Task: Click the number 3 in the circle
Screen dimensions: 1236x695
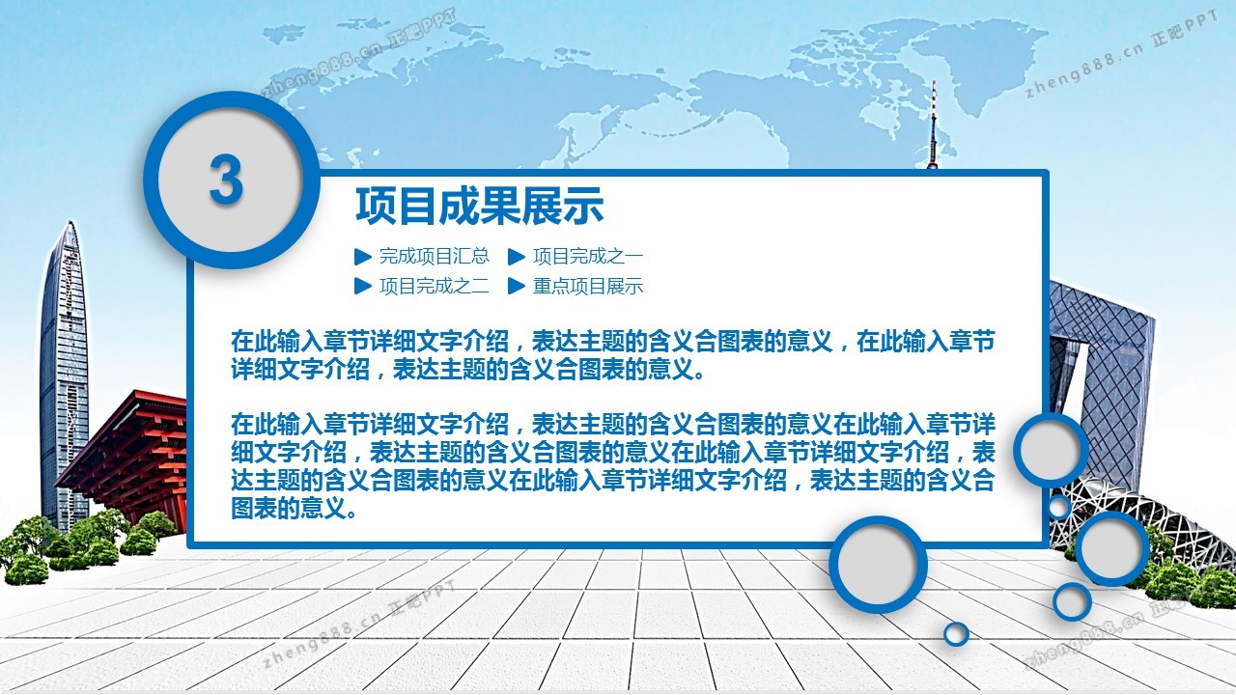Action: [x=226, y=180]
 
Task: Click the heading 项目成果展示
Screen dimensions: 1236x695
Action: [x=480, y=206]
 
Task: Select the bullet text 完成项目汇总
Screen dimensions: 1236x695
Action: [x=435, y=256]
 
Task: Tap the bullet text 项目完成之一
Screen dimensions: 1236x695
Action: [x=588, y=256]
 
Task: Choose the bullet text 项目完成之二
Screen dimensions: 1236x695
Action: [x=435, y=286]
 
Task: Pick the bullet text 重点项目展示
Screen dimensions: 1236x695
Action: [x=588, y=286]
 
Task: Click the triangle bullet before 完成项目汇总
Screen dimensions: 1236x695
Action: [x=362, y=257]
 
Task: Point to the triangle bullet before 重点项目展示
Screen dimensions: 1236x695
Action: [x=516, y=286]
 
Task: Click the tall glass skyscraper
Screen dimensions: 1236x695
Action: [x=64, y=375]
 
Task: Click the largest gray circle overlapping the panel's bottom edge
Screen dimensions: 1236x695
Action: [x=878, y=565]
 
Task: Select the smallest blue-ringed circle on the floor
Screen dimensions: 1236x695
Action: [x=956, y=634]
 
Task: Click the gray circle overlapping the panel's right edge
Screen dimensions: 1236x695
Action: [x=1050, y=450]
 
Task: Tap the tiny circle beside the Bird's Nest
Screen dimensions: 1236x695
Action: [x=1059, y=506]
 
